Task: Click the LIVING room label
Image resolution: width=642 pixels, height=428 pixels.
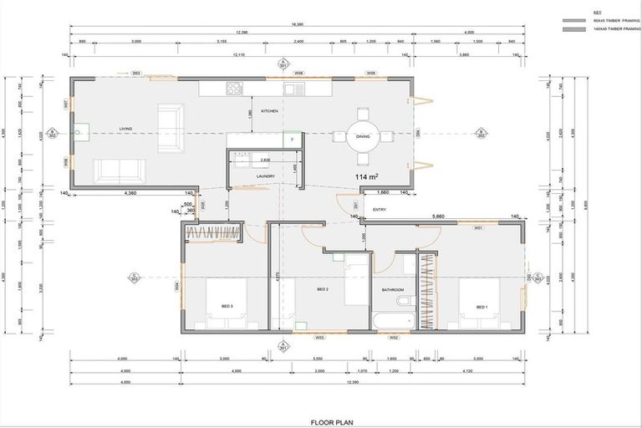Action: [126, 129]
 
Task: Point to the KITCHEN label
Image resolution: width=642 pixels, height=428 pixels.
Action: [269, 111]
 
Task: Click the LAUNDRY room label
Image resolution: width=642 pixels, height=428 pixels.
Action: [266, 176]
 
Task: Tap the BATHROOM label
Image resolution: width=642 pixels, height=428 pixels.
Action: [393, 290]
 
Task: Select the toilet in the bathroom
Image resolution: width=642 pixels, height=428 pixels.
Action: [404, 300]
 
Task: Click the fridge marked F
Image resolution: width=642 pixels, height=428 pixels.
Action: [292, 140]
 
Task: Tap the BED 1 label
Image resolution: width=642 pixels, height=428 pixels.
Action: [481, 307]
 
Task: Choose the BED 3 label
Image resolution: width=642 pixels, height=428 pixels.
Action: [227, 307]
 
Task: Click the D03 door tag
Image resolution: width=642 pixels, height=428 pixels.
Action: [136, 74]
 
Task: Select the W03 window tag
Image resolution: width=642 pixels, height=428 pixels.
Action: [319, 338]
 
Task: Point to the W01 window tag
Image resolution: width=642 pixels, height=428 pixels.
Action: [478, 227]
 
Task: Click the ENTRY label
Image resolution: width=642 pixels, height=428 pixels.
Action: [380, 210]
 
